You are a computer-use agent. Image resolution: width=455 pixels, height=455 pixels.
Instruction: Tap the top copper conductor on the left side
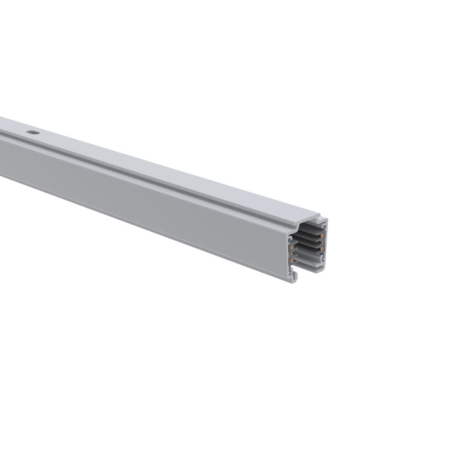click(292, 248)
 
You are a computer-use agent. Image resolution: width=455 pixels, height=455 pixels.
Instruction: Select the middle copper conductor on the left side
click(292, 254)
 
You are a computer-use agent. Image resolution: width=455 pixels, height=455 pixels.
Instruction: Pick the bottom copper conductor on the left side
click(292, 261)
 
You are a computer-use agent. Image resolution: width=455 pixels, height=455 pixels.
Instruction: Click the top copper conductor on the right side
click(322, 236)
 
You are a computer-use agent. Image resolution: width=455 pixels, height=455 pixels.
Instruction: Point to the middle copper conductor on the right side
click(322, 242)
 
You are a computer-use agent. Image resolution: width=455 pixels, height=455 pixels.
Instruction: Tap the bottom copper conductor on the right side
click(322, 248)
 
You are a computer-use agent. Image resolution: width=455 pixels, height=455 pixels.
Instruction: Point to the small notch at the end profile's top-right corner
click(320, 219)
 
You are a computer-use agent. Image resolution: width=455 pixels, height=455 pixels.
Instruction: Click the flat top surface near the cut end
click(273, 207)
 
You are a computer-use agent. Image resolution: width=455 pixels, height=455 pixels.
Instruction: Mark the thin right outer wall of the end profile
click(327, 246)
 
